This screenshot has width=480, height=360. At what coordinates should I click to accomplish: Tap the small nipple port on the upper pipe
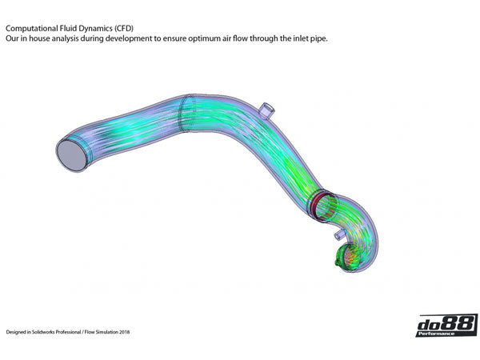(x=265, y=108)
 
